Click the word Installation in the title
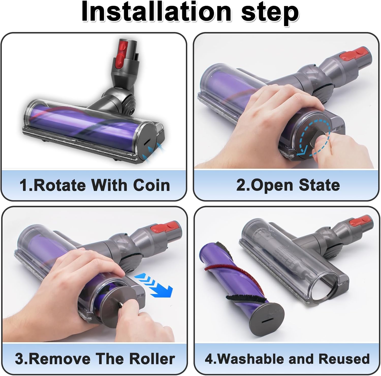(x=156, y=12)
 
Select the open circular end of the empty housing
(x=324, y=286)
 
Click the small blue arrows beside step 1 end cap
(x=152, y=152)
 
